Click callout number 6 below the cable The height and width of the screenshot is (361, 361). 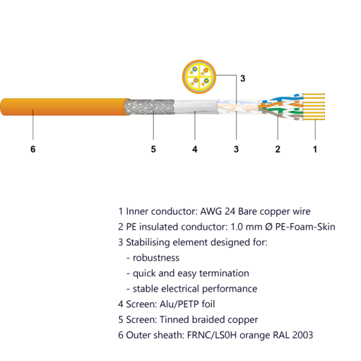click(x=33, y=149)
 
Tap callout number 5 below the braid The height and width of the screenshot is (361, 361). click(x=154, y=149)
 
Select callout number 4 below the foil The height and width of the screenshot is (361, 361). click(x=195, y=149)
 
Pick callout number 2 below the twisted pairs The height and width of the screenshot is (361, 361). click(x=278, y=149)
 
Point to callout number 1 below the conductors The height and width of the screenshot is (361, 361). click(x=315, y=149)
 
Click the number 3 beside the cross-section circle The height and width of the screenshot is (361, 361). click(x=243, y=79)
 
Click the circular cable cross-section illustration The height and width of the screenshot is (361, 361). click(x=199, y=77)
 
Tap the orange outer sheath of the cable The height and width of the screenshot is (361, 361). click(x=64, y=107)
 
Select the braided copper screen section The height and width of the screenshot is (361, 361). click(x=149, y=107)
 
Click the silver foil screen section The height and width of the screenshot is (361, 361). click(x=196, y=107)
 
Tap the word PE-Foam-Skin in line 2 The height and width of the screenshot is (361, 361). click(x=305, y=227)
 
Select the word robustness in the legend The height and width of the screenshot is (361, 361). click(x=156, y=258)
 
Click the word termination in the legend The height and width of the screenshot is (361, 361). click(x=224, y=273)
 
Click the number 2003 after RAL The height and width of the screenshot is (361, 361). click(x=303, y=335)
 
